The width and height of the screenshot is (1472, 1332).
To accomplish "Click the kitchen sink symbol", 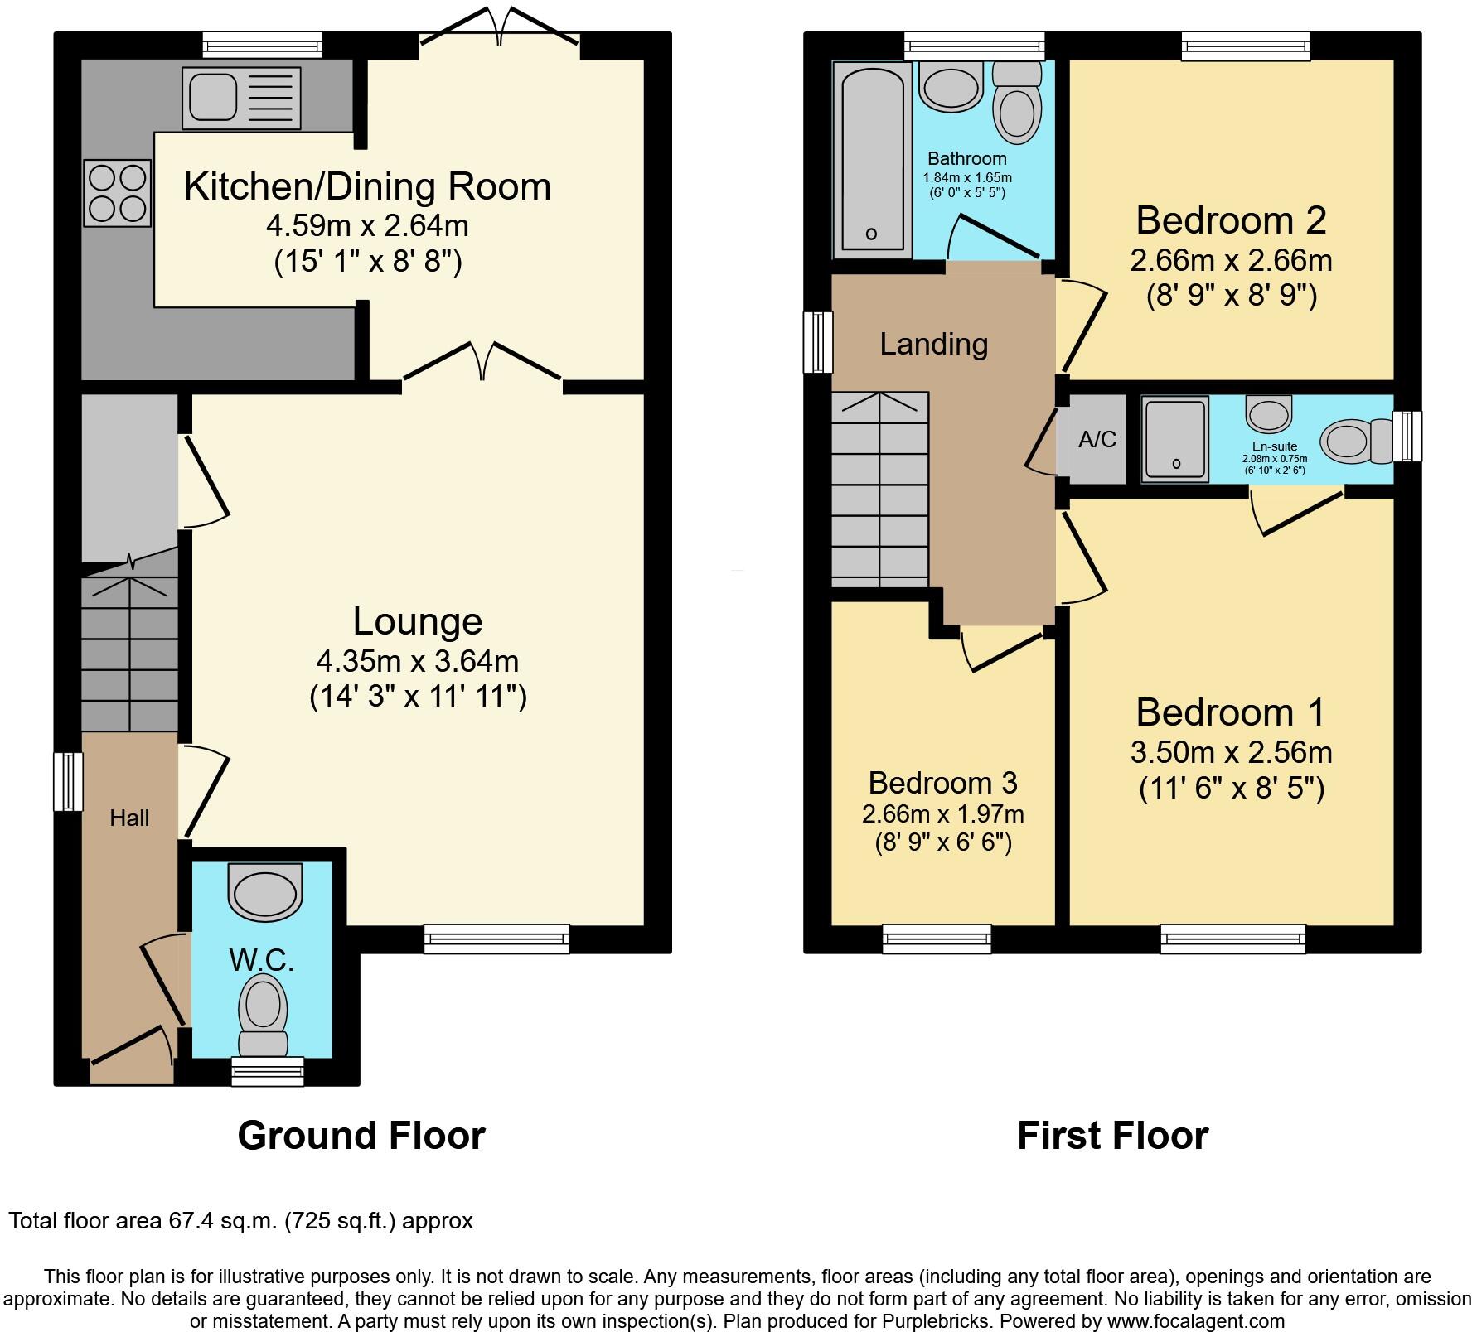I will pyautogui.click(x=241, y=98).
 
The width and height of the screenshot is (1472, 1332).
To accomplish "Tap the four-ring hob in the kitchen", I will pyautogui.click(x=117, y=193).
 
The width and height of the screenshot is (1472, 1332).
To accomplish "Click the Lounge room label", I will pyautogui.click(x=417, y=621).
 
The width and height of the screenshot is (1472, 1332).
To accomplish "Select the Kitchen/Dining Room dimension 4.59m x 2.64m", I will pyautogui.click(x=367, y=225).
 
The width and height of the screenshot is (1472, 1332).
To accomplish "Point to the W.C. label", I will pyautogui.click(x=262, y=960).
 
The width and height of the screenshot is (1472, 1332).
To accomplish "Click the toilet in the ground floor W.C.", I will pyautogui.click(x=263, y=1012).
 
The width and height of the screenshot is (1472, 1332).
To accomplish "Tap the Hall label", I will pyautogui.click(x=129, y=818).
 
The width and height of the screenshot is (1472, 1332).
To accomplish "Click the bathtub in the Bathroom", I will pyautogui.click(x=872, y=159).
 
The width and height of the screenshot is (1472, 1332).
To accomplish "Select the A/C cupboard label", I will pyautogui.click(x=1097, y=440).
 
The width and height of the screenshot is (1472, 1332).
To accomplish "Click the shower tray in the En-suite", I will pyautogui.click(x=1175, y=440).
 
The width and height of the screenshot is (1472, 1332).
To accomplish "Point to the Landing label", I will pyautogui.click(x=933, y=344).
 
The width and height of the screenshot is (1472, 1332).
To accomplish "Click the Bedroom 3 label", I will pyautogui.click(x=942, y=783).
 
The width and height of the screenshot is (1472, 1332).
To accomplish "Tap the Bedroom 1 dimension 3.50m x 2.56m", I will pyautogui.click(x=1231, y=752).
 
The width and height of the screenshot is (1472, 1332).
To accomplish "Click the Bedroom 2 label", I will pyautogui.click(x=1231, y=220).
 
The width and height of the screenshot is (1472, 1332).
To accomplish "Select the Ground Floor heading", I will pyautogui.click(x=361, y=1136).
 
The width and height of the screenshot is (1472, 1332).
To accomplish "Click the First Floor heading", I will pyautogui.click(x=1112, y=1136).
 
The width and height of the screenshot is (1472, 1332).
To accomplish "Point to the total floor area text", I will pyautogui.click(x=240, y=1221).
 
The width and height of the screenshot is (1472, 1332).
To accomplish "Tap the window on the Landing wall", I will pyautogui.click(x=818, y=342).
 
